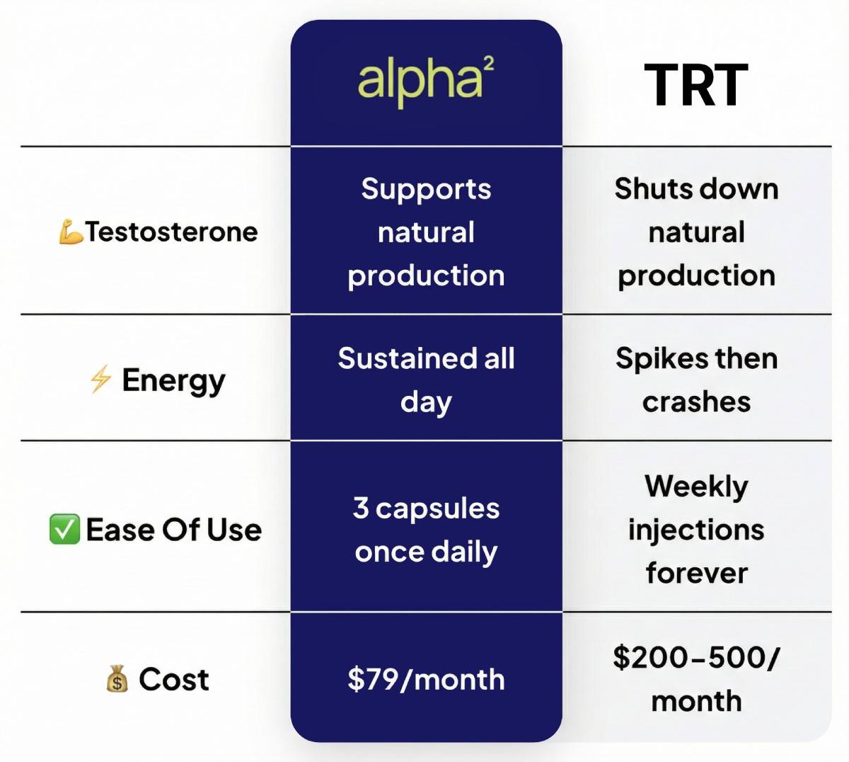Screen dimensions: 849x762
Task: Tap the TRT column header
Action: click(x=696, y=85)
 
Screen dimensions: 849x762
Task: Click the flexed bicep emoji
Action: click(x=71, y=232)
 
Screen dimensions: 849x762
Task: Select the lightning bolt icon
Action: click(x=100, y=378)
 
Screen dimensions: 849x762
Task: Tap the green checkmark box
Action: click(x=64, y=529)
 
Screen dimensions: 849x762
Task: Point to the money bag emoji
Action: click(x=117, y=678)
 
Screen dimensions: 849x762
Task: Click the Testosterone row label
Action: click(x=172, y=232)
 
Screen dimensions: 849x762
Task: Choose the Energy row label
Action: click(x=174, y=380)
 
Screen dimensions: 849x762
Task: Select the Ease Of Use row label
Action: click(x=174, y=530)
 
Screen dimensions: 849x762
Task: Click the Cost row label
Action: click(x=174, y=679)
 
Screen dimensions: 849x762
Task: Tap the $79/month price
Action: click(x=426, y=679)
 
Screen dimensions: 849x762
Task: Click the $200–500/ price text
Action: click(x=696, y=657)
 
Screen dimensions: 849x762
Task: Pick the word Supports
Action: click(x=426, y=190)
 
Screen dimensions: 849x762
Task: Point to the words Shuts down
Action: click(x=696, y=189)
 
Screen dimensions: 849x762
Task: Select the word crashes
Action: click(x=696, y=402)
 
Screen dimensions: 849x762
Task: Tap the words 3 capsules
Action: click(x=426, y=509)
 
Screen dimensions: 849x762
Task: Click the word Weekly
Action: click(x=696, y=487)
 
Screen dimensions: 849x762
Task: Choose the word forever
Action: click(x=697, y=573)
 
